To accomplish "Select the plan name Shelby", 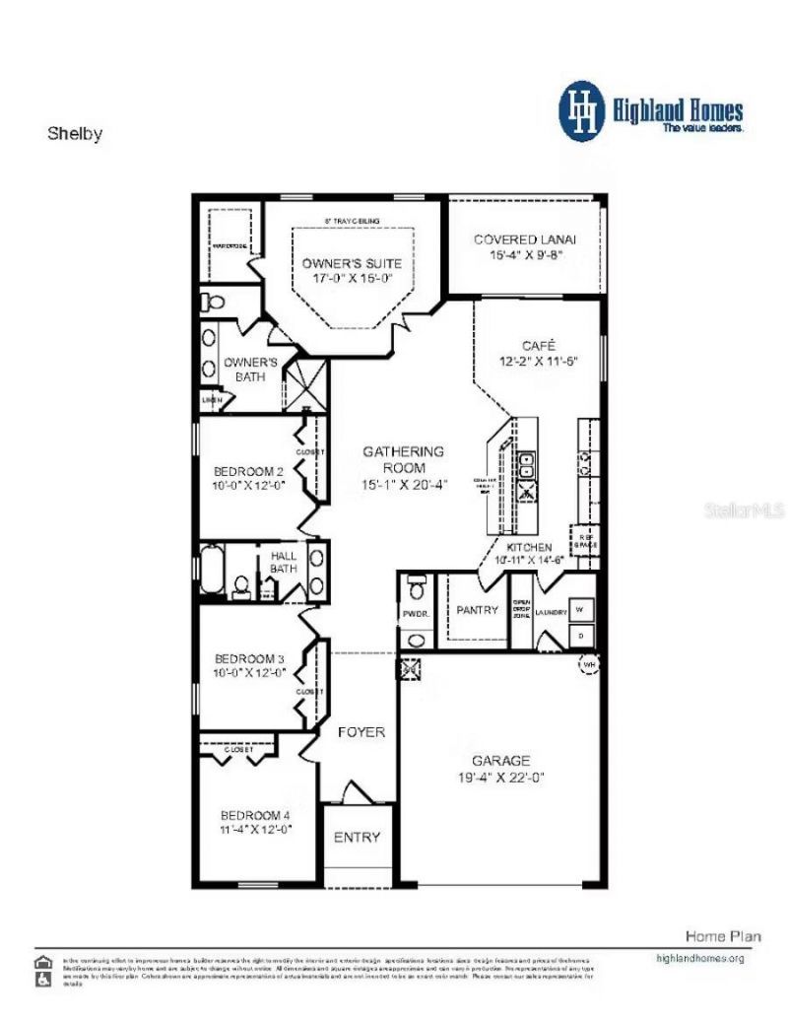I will click(75, 134).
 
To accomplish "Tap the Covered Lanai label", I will click(525, 239).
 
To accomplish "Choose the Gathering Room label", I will click(403, 459).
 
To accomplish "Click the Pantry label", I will click(478, 610).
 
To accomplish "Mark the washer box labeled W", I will click(582, 610).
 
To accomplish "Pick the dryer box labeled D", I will click(582, 636).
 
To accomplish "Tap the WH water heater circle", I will click(589, 665).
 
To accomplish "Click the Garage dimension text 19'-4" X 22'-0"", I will click(500, 777).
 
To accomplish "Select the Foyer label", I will click(361, 732).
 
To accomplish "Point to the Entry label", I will click(357, 837).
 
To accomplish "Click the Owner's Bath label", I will click(250, 369).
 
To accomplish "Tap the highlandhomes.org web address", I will click(699, 957).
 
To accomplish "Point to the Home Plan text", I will click(723, 935).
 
